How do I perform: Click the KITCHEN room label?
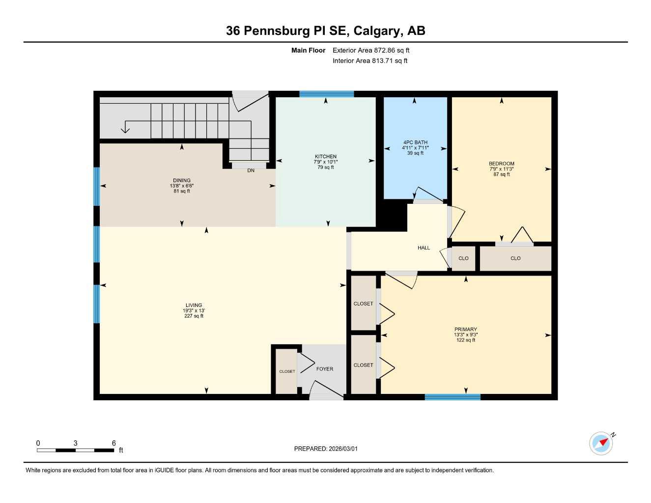tap(326, 157)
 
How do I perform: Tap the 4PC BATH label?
tap(415, 142)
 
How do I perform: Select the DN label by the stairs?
tap(251, 170)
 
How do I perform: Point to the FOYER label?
tap(325, 369)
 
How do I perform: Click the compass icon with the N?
tap(601, 444)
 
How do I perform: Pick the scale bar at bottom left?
tap(75, 450)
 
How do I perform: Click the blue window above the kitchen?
tap(327, 94)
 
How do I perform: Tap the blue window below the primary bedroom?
tap(453, 397)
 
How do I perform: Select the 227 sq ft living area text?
tap(194, 316)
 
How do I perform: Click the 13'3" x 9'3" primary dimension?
tap(466, 335)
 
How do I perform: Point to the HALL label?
tap(424, 248)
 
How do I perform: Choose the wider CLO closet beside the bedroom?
tap(515, 258)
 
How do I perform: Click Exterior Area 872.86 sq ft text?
tap(371, 50)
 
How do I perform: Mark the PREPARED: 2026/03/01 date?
tap(326, 448)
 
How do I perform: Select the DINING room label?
tap(182, 180)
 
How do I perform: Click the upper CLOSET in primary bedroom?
tap(363, 304)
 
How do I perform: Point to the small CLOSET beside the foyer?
tap(287, 371)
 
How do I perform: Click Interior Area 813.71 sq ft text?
tap(370, 61)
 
